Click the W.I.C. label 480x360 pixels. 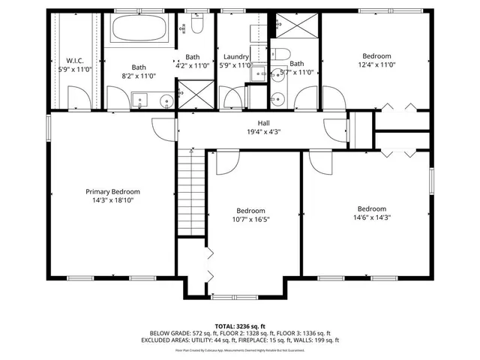coord(73,61)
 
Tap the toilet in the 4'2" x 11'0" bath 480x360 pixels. coord(196,26)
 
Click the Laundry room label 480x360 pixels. coord(235,56)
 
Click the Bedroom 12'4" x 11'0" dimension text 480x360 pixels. coord(376,66)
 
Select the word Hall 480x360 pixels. coord(263,123)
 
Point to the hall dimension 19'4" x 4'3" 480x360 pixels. coord(263,132)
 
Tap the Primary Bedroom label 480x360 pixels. coord(112,191)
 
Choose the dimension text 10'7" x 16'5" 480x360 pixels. coord(250,220)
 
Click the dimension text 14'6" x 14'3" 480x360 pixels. coord(371,218)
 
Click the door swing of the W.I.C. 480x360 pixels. coord(76,96)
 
